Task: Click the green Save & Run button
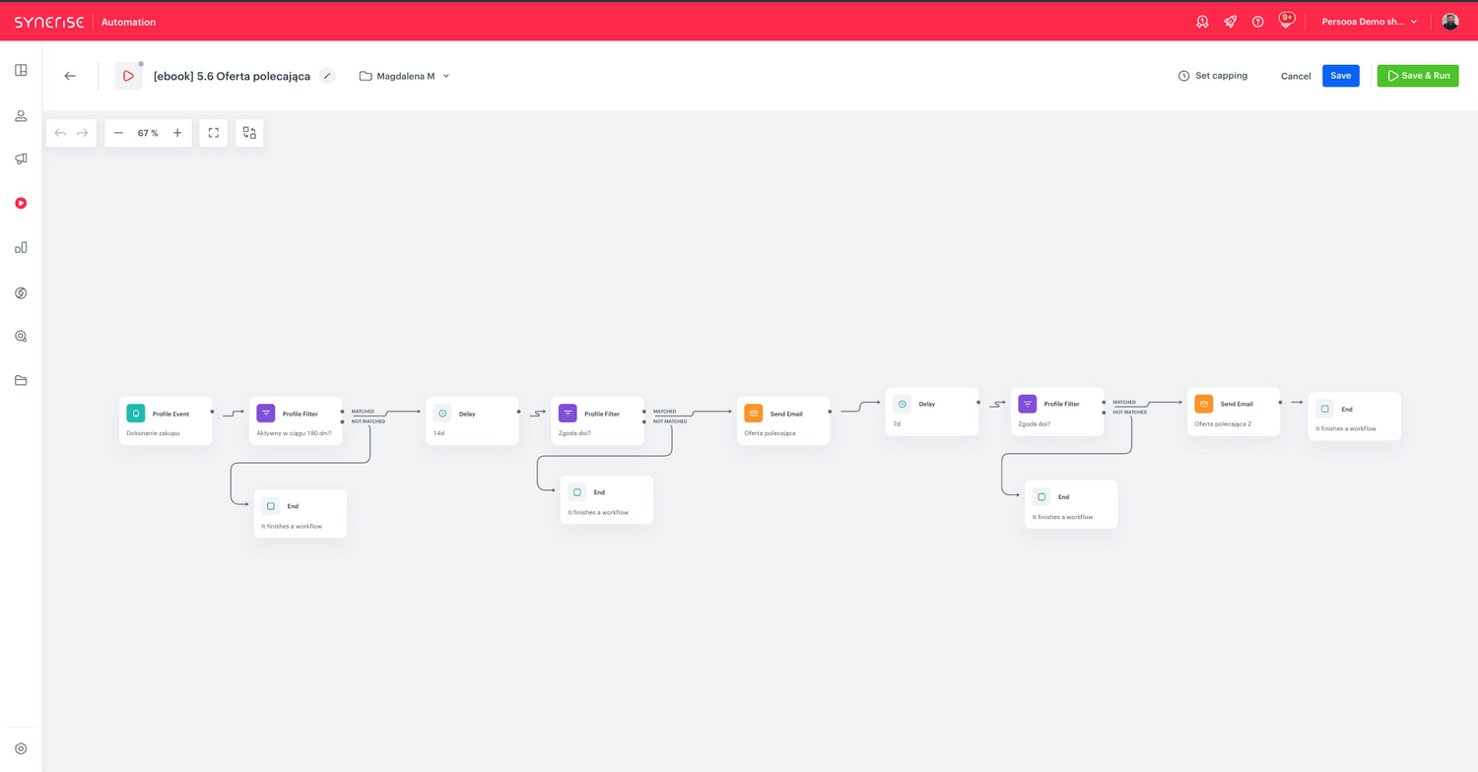coord(1417,76)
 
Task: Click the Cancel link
coord(1296,77)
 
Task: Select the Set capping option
coord(1213,76)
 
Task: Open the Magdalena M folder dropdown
coord(404,77)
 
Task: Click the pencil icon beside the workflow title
coord(327,76)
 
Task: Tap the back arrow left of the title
coord(70,76)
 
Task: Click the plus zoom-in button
coord(177,133)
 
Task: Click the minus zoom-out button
coord(119,133)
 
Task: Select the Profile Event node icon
coord(136,414)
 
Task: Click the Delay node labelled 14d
coord(472,420)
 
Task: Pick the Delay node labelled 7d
coord(932,412)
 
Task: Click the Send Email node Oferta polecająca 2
coord(1234,412)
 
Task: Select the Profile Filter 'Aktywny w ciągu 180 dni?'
coord(296,420)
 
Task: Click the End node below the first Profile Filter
coord(301,514)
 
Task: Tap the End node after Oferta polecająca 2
coord(1354,416)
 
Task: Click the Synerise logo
coord(49,22)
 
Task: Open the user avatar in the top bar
coord(1449,22)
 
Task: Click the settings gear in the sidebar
coord(21,749)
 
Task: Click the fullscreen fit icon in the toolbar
coord(214,133)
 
